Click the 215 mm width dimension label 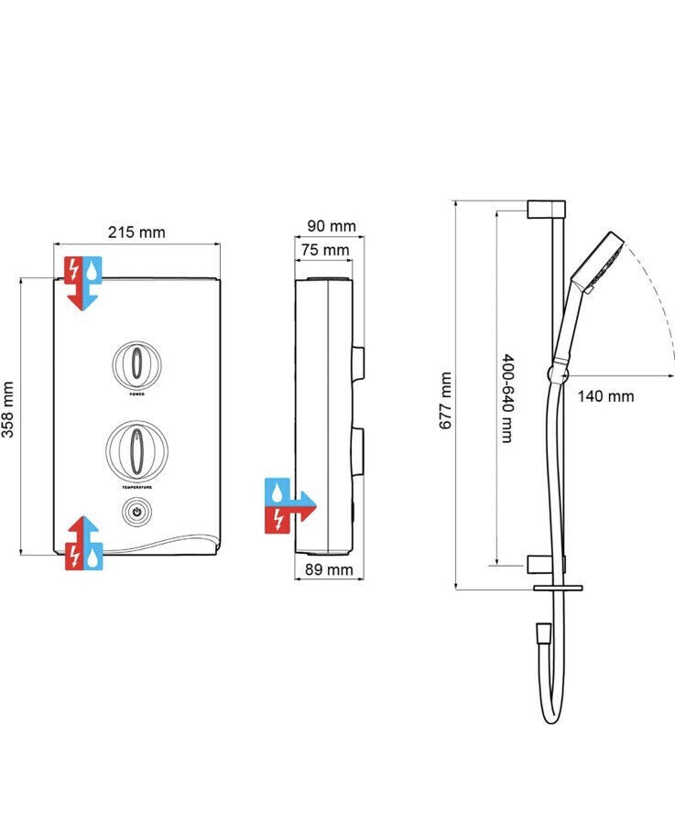[x=136, y=233]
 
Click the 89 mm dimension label [x=327, y=570]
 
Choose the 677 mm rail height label [x=445, y=401]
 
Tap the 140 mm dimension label [x=604, y=396]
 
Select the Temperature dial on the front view [x=136, y=449]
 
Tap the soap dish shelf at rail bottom [x=556, y=587]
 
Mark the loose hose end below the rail [x=542, y=632]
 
